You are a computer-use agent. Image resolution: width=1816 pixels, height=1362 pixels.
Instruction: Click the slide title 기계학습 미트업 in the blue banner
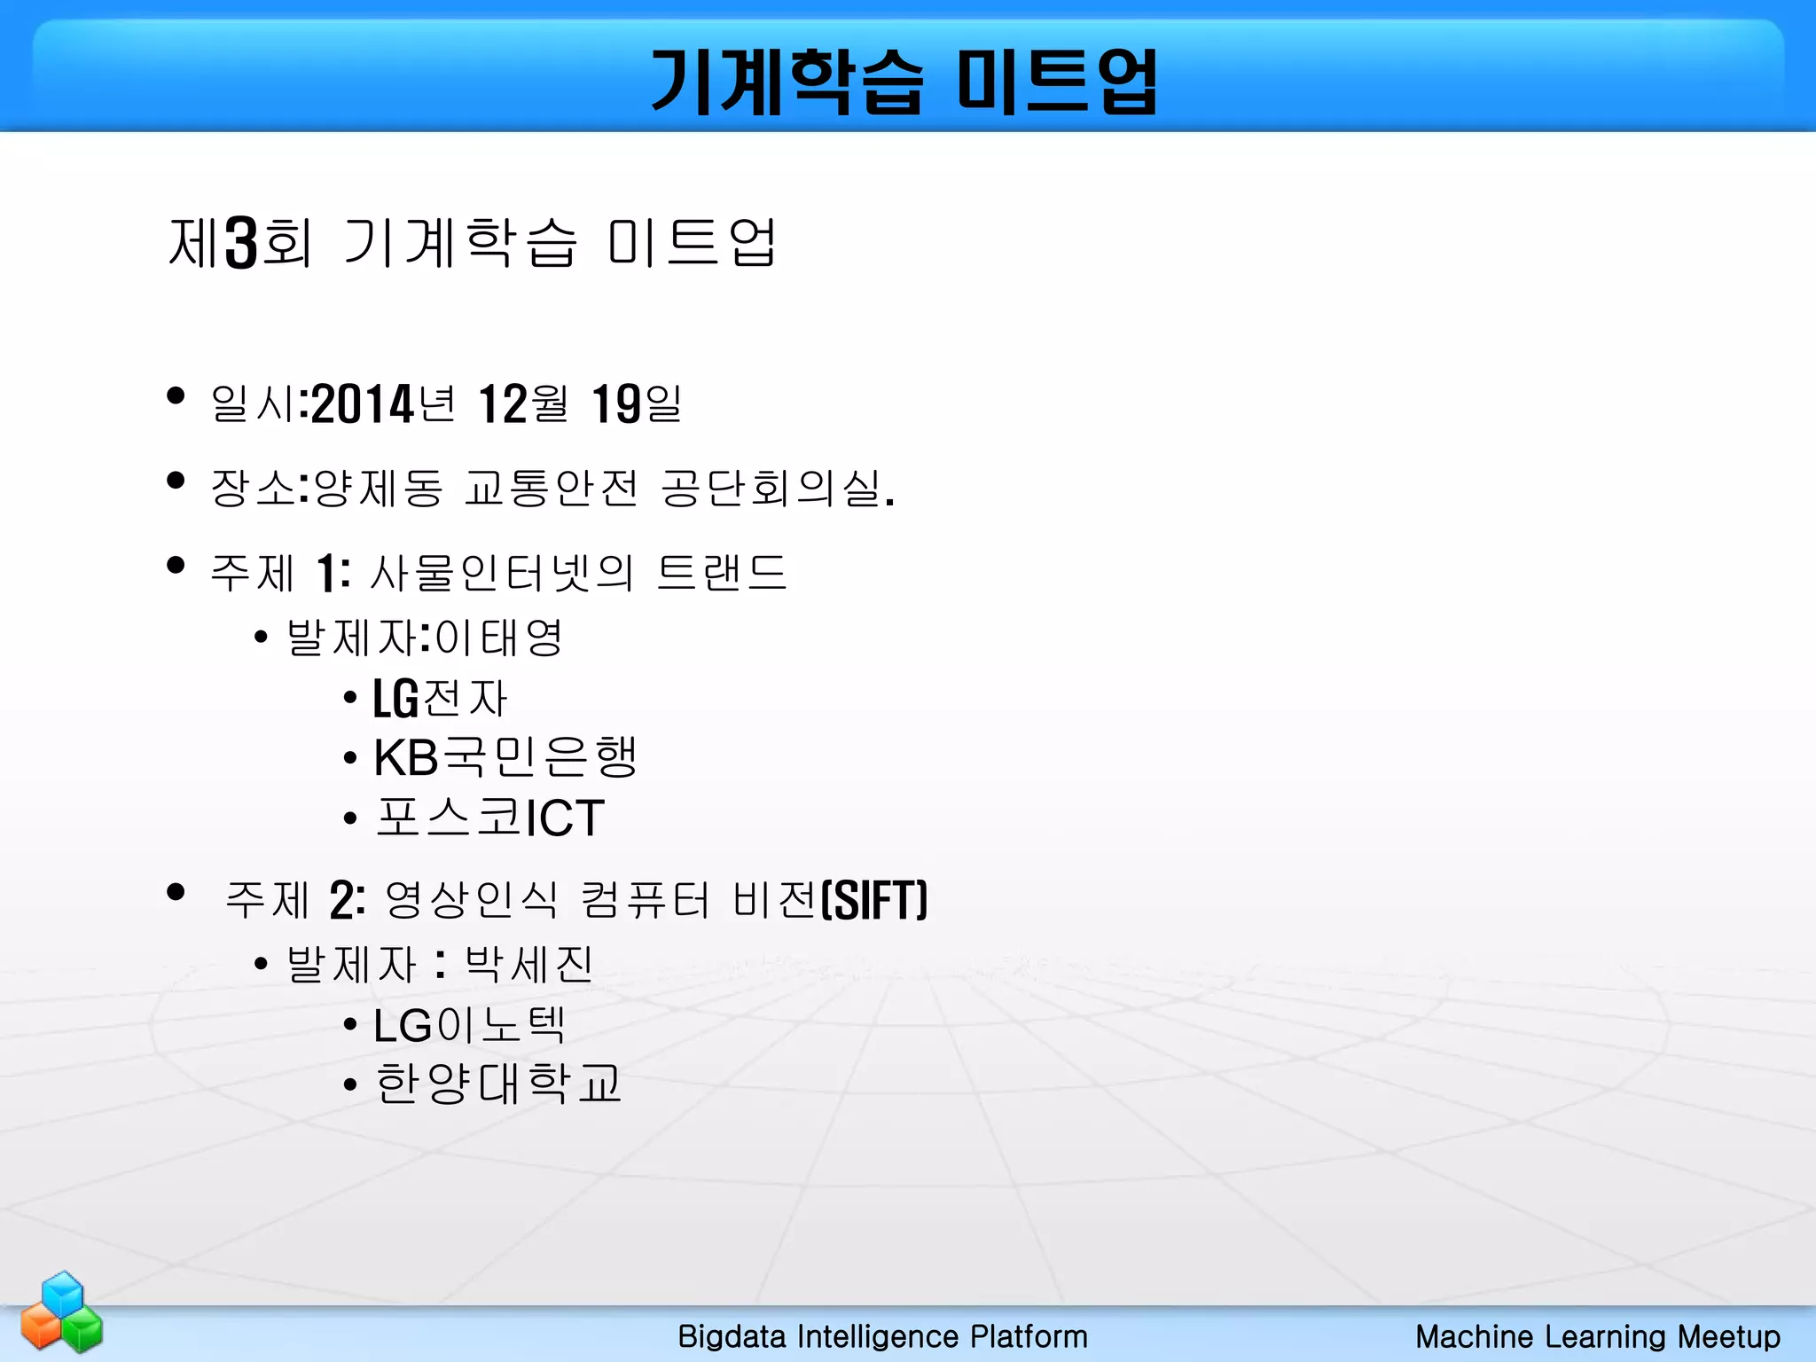[x=904, y=82]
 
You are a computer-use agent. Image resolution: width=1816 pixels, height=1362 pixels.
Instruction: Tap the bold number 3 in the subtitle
[x=240, y=242]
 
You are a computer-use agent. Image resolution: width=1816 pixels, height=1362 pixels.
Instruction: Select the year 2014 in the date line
[x=364, y=404]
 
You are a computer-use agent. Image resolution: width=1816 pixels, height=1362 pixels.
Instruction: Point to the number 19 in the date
[x=615, y=404]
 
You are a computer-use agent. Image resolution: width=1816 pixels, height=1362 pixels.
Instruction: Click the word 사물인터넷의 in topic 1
[x=501, y=572]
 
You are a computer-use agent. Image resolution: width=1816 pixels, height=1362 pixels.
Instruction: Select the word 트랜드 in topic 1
[x=721, y=572]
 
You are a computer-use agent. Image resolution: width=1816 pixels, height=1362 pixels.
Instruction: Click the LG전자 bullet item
[x=440, y=698]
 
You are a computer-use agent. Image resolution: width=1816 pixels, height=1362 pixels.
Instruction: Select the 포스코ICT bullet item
[x=489, y=817]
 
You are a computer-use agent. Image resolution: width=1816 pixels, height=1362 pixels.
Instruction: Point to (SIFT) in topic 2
[x=874, y=900]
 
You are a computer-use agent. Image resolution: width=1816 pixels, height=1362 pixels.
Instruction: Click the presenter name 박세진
[x=528, y=964]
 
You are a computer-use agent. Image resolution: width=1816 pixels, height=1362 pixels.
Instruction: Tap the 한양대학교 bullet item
[x=498, y=1084]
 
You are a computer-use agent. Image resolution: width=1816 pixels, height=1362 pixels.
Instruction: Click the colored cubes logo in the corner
[x=62, y=1312]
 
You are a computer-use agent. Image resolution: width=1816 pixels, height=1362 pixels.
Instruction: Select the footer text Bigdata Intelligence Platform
[x=882, y=1336]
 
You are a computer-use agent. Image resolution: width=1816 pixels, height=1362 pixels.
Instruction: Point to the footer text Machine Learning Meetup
[x=1597, y=1336]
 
